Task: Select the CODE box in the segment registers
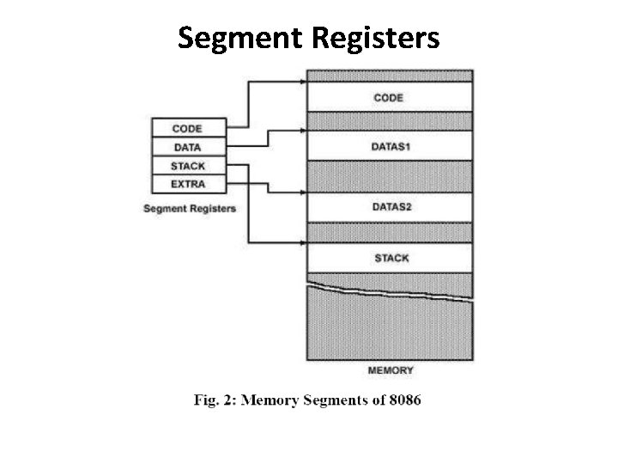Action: click(x=188, y=129)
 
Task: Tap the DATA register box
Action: click(x=188, y=147)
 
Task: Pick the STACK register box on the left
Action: click(x=188, y=166)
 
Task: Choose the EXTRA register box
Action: click(x=188, y=184)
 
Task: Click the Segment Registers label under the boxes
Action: click(x=190, y=208)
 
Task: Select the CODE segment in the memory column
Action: click(x=389, y=97)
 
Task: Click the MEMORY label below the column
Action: click(x=391, y=370)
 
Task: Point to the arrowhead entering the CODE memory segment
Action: click(x=303, y=82)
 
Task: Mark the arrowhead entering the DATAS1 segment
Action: click(x=303, y=131)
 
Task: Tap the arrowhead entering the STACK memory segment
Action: click(x=303, y=243)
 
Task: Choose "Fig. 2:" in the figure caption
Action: click(x=211, y=401)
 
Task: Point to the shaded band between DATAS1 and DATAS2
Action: click(x=389, y=176)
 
